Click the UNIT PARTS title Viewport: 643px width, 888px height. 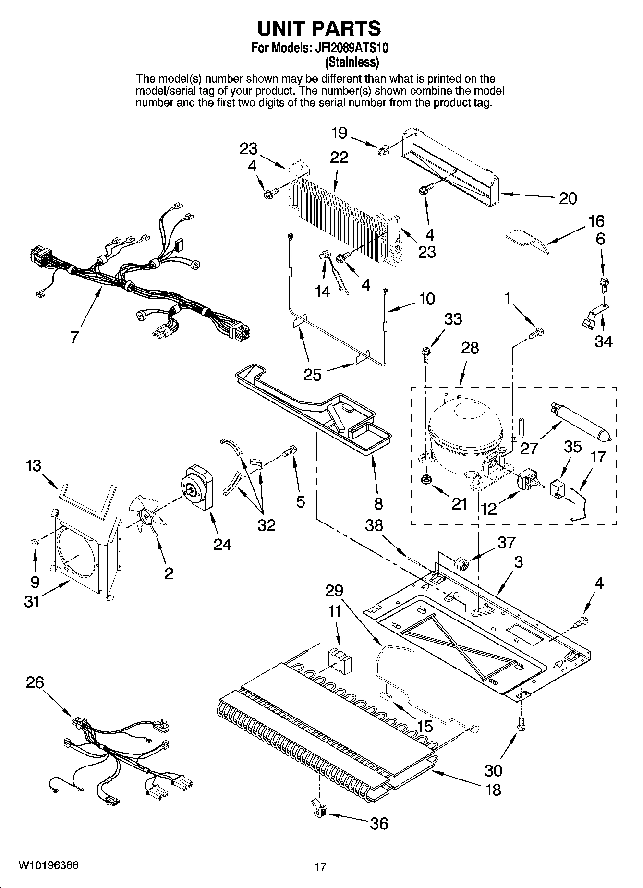point(319,28)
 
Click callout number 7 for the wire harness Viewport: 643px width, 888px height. point(73,338)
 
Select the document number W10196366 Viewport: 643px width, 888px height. point(49,865)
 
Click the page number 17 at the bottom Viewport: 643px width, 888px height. point(320,867)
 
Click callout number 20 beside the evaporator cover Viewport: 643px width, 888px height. point(568,198)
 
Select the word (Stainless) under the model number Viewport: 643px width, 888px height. point(352,62)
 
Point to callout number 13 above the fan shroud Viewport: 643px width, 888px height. point(34,465)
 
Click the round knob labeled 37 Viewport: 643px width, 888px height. point(462,562)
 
